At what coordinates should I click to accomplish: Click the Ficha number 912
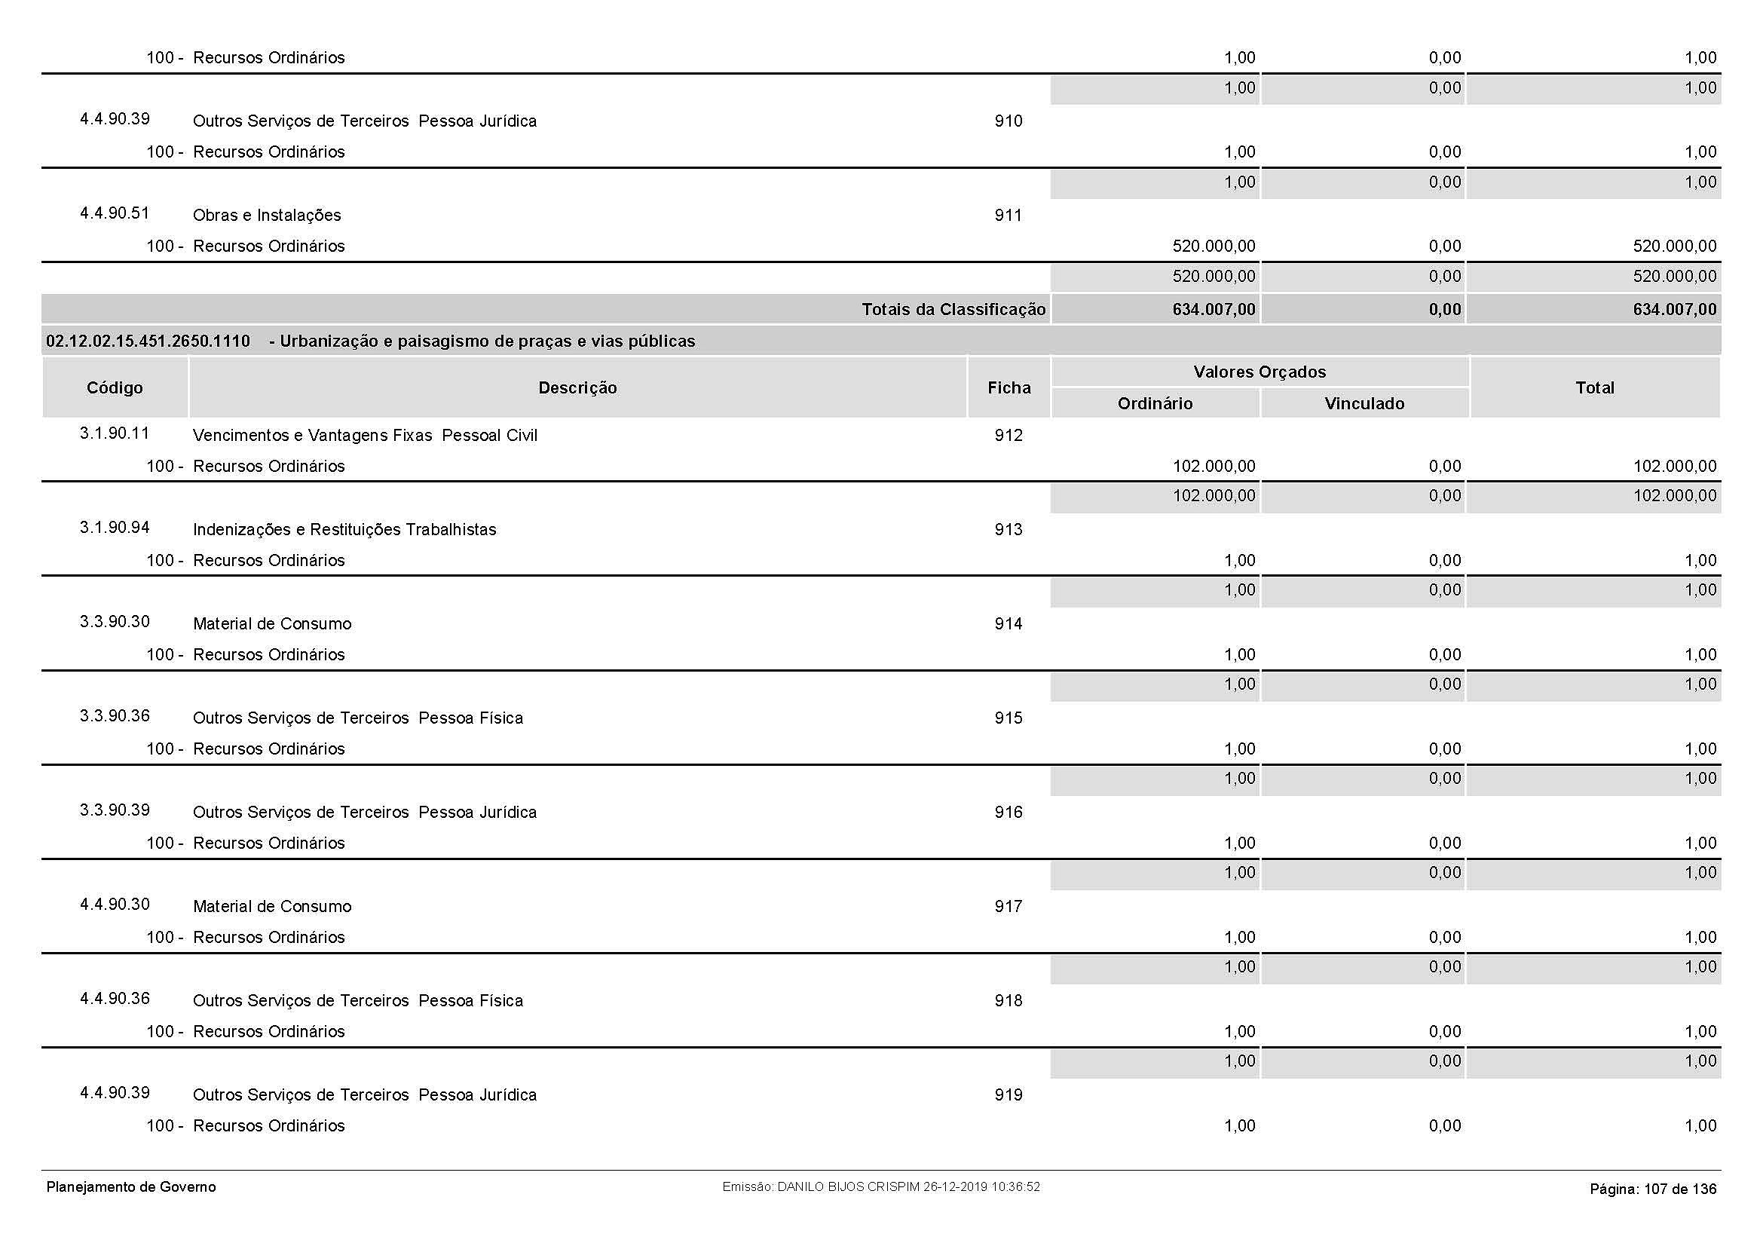pos(1009,435)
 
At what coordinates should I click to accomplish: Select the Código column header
pos(115,387)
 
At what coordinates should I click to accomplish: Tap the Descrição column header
pos(577,387)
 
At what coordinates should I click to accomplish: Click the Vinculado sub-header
pos(1364,403)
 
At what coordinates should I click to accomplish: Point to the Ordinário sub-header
pos(1155,403)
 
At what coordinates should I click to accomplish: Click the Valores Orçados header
pos(1260,372)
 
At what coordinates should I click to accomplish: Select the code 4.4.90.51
pos(115,213)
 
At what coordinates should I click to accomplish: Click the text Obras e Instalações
pos(266,215)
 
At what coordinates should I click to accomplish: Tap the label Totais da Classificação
pos(953,309)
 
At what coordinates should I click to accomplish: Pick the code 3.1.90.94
pos(115,528)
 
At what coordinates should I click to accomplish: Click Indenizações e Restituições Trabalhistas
pos(344,530)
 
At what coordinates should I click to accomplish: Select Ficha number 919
pos(1009,1094)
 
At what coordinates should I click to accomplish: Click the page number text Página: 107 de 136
pos(1652,1189)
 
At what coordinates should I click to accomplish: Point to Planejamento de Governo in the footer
pos(131,1187)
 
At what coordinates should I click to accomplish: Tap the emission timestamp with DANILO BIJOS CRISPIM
pos(880,1187)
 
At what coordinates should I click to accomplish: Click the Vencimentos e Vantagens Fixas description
pos(365,435)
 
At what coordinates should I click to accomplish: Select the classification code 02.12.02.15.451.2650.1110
pos(148,341)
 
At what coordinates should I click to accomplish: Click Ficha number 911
pos(1009,215)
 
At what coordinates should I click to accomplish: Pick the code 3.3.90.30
pos(115,621)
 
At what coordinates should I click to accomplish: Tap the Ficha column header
pos(1009,387)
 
